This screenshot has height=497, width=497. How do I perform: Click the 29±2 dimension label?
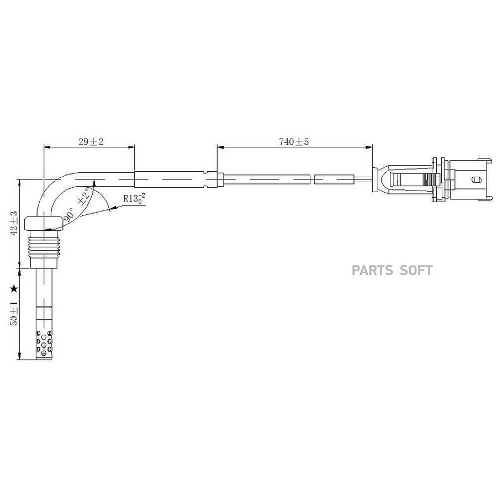point(91,142)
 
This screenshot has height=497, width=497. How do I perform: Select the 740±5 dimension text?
point(294,142)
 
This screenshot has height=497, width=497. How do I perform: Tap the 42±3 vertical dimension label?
point(14,223)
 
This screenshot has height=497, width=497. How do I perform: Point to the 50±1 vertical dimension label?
point(14,313)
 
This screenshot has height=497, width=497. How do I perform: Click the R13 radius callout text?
point(134,199)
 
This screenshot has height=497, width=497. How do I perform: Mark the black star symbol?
point(14,288)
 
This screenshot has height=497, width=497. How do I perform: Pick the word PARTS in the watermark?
point(372,271)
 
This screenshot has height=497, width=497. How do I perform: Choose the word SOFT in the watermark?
point(416,271)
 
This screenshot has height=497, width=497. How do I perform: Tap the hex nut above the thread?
point(44,223)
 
